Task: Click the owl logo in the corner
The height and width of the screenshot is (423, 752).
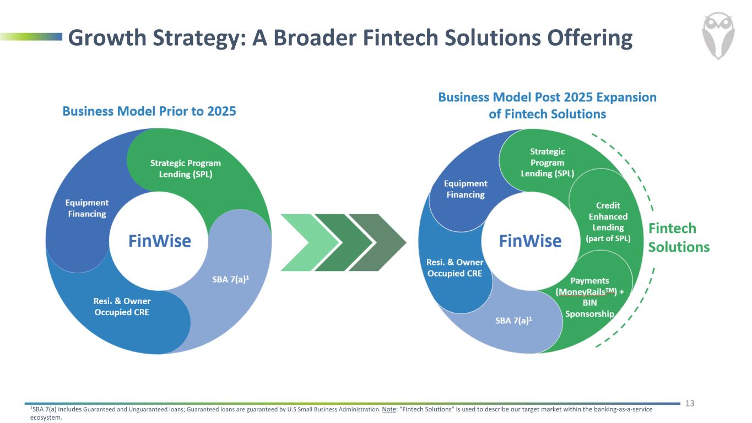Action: click(x=718, y=36)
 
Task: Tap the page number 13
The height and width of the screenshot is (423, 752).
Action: click(x=690, y=403)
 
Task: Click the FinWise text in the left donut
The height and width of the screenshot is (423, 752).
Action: click(x=159, y=241)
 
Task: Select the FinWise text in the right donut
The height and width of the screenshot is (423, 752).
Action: click(x=530, y=241)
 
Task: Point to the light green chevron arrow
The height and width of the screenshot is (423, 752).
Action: click(x=310, y=242)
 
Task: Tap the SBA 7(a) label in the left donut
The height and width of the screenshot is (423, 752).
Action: click(x=231, y=279)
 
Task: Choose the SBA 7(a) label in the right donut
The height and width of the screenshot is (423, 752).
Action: click(x=513, y=321)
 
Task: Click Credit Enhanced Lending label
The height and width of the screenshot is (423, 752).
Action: click(x=608, y=222)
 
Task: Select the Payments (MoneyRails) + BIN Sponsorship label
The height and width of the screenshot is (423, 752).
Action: click(x=589, y=297)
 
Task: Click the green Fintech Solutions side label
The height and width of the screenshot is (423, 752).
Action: click(x=679, y=237)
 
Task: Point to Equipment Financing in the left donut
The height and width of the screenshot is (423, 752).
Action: click(x=87, y=208)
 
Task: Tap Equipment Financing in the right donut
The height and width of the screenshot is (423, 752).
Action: click(x=466, y=189)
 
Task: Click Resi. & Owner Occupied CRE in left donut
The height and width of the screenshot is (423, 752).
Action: click(x=122, y=306)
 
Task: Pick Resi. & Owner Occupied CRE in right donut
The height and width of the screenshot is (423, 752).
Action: click(x=455, y=268)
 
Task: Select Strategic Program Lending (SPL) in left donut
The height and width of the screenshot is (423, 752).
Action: click(x=185, y=169)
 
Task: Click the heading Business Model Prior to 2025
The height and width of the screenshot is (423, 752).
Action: click(x=149, y=111)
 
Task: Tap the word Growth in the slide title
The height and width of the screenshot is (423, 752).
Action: click(x=107, y=37)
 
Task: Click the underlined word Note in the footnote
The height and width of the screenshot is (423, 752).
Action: click(x=389, y=409)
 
